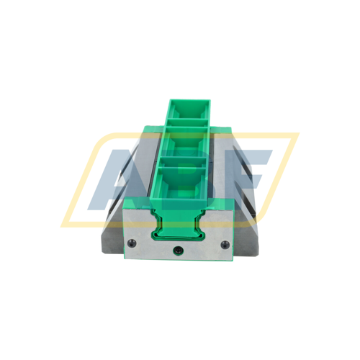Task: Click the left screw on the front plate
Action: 131,243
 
